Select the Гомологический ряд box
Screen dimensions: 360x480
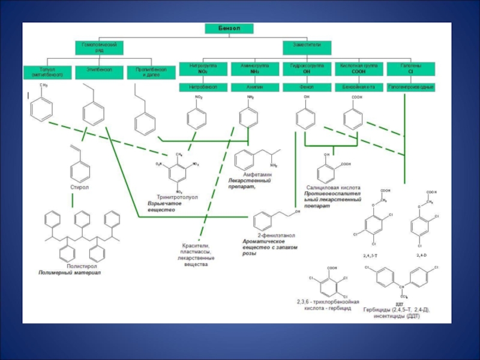click(99, 47)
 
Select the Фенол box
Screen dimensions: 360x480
click(307, 87)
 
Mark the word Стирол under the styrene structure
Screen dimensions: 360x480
click(79, 188)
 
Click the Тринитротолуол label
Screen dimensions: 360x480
click(178, 196)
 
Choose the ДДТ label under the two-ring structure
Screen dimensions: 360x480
click(399, 304)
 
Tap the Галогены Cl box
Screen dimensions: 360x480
click(411, 68)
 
